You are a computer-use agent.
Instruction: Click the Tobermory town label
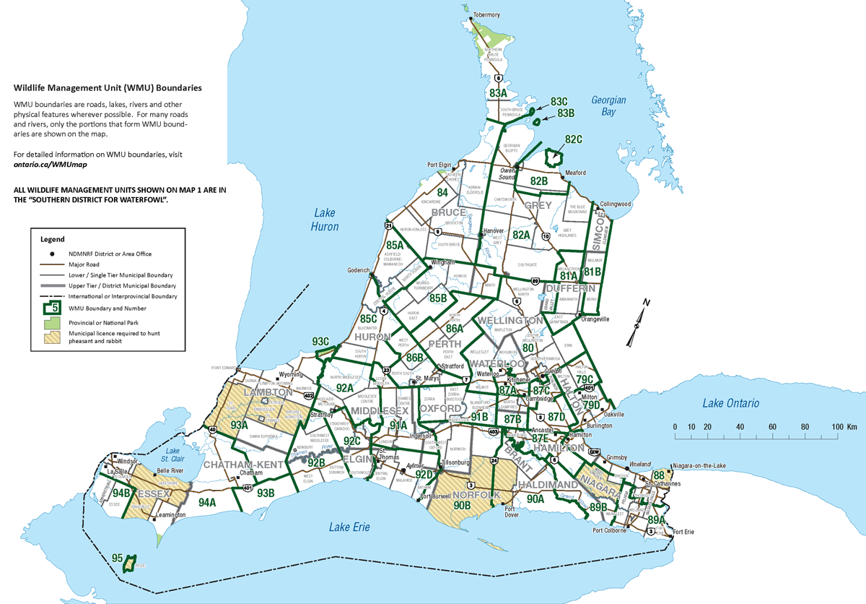486,14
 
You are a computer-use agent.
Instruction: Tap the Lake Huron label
325,219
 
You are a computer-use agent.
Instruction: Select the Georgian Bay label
608,106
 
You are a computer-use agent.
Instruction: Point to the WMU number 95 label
118,558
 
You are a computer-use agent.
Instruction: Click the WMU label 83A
498,94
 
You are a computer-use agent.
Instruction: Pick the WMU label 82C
574,139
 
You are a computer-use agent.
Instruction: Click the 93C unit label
320,341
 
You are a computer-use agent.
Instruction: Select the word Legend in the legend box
53,239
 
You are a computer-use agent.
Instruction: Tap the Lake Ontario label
731,403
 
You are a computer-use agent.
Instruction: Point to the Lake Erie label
349,527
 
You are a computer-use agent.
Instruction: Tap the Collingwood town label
614,204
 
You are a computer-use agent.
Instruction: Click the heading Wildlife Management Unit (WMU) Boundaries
108,87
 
